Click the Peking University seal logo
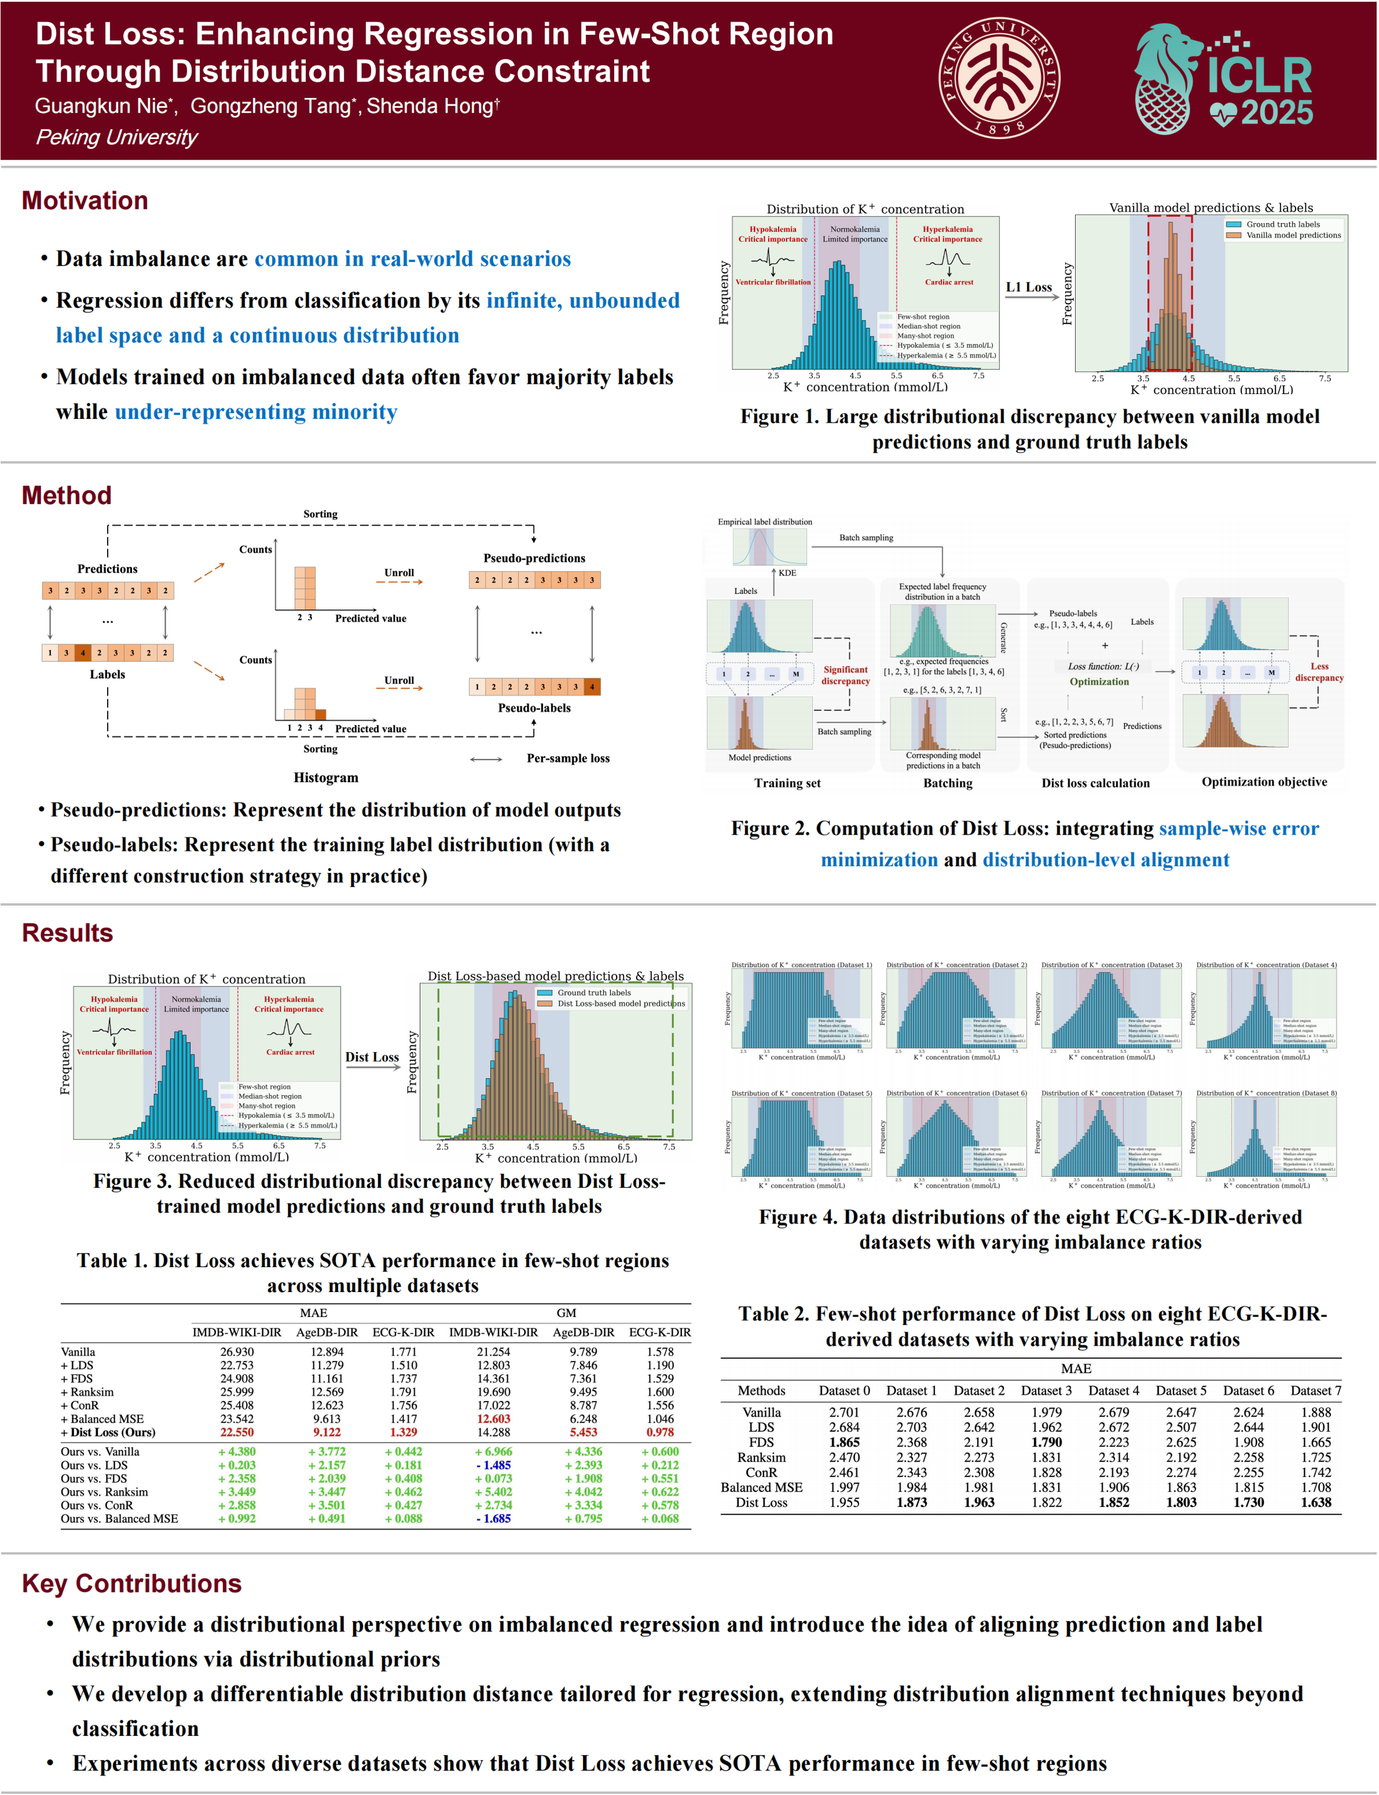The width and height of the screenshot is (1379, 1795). click(x=999, y=78)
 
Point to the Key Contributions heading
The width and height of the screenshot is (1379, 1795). click(x=131, y=1583)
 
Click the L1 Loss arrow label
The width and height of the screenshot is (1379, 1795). click(x=1028, y=287)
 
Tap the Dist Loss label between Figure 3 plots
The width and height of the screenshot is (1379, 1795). click(x=372, y=1057)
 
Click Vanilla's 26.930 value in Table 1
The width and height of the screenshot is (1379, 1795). click(x=237, y=1352)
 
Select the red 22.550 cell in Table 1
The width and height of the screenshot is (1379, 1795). click(x=237, y=1432)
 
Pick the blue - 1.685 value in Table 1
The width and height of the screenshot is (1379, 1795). click(x=493, y=1518)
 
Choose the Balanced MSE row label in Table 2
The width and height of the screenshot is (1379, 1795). click(x=761, y=1487)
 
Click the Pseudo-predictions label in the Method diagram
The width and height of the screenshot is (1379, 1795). click(x=534, y=558)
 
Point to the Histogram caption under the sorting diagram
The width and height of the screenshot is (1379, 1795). click(x=326, y=778)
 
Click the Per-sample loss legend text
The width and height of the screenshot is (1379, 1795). click(x=568, y=758)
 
